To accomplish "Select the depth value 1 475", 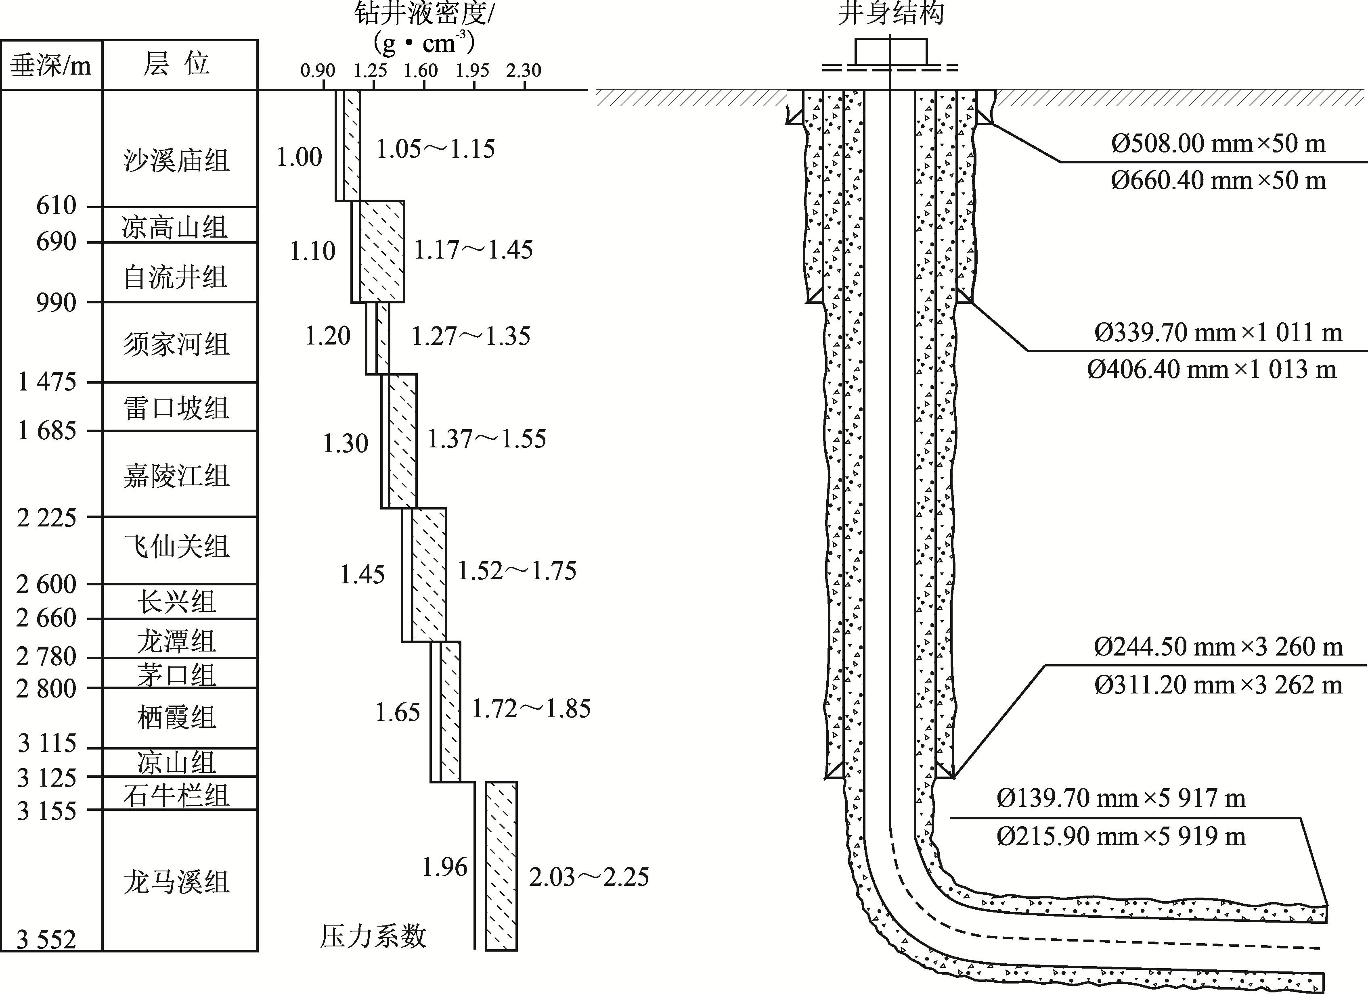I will [x=47, y=382].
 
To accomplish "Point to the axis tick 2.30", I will [x=524, y=71].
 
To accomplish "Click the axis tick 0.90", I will [x=318, y=71].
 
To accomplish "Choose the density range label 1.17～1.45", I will [x=473, y=250].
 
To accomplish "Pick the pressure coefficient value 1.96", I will [x=444, y=867].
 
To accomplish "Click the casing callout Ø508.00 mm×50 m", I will [x=1218, y=144].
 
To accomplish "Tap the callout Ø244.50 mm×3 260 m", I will [x=1218, y=647].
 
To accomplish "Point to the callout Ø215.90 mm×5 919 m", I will [x=1121, y=837].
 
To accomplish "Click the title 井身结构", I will [x=891, y=13].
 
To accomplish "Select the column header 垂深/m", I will [x=51, y=65].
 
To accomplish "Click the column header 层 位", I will [x=176, y=64].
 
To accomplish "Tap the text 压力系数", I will [x=373, y=936].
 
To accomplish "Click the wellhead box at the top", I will [x=891, y=51].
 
